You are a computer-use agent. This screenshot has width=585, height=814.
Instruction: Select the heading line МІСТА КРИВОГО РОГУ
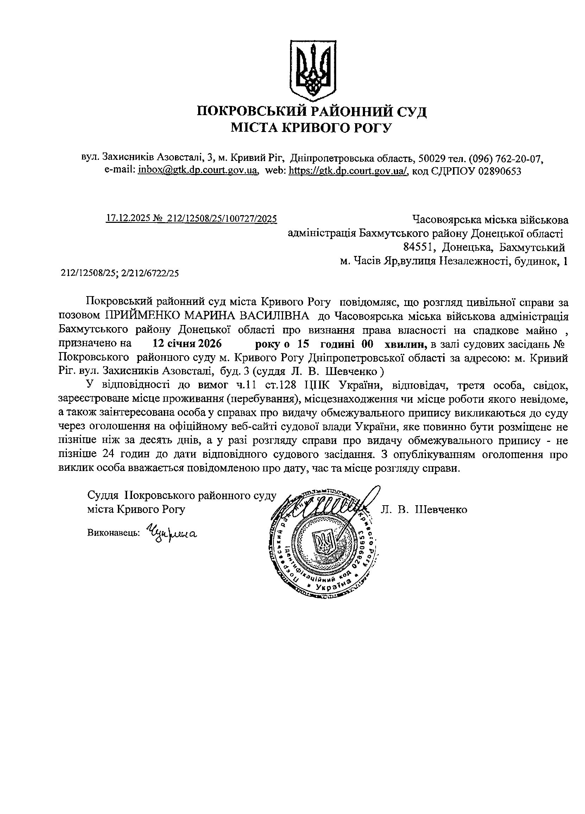click(x=311, y=127)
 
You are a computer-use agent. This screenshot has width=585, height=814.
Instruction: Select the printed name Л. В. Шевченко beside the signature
click(x=423, y=510)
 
